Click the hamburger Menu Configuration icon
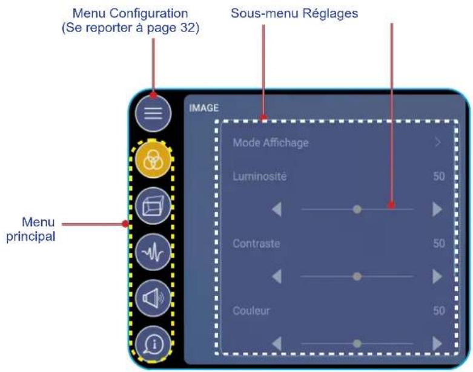click(153, 114)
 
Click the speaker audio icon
click(153, 298)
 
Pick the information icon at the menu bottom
click(153, 344)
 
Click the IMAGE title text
click(203, 108)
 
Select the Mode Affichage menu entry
click(271, 143)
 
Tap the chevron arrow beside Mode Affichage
click(438, 143)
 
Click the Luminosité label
click(259, 177)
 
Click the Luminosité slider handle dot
click(357, 209)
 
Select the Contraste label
click(256, 244)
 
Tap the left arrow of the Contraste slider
click(277, 276)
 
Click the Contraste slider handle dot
click(357, 276)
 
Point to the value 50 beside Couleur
click(438, 311)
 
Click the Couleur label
click(251, 311)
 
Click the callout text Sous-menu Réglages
click(286, 13)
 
